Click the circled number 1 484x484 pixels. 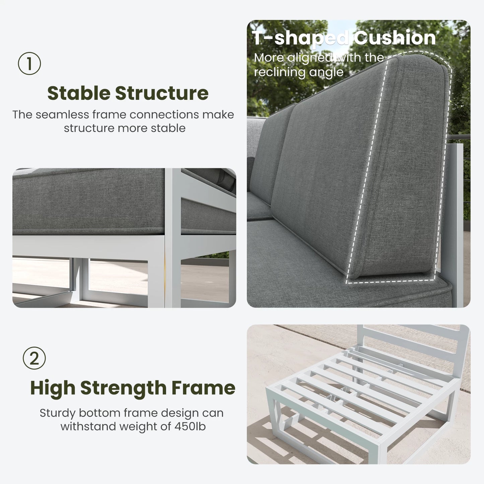[29, 63]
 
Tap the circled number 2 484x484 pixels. [34, 358]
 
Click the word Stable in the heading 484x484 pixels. [79, 93]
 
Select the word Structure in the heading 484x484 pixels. [162, 93]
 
